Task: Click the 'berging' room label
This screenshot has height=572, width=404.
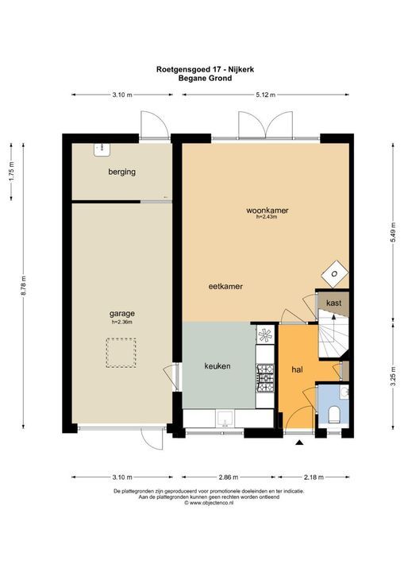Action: (x=122, y=172)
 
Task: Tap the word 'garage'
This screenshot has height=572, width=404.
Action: (x=121, y=313)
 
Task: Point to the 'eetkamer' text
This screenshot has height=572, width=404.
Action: (x=225, y=286)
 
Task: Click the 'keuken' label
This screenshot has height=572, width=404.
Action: (x=217, y=366)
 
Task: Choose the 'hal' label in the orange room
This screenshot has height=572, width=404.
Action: (x=297, y=369)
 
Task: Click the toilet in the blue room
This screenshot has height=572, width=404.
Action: (x=334, y=413)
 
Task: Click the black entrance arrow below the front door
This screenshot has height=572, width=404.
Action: (x=299, y=442)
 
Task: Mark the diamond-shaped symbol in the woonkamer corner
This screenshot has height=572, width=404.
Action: (x=335, y=273)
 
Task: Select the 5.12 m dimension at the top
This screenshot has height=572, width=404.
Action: (x=265, y=95)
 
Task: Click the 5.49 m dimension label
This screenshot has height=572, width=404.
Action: (x=394, y=234)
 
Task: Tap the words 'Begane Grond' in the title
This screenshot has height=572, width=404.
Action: (x=202, y=78)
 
